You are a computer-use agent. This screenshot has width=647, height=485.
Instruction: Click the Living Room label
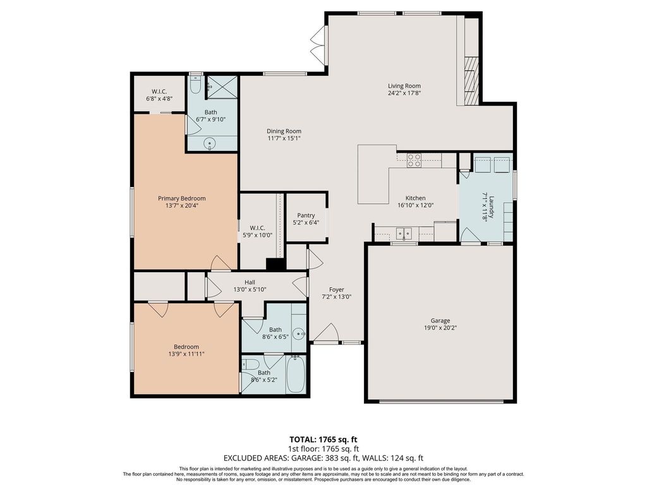pyautogui.click(x=404, y=86)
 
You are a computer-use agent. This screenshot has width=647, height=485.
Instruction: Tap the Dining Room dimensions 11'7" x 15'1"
pyautogui.click(x=284, y=138)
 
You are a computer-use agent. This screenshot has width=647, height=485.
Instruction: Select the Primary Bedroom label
pyautogui.click(x=181, y=198)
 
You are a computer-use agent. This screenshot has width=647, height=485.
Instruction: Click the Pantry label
pyautogui.click(x=306, y=215)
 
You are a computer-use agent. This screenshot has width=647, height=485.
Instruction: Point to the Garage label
pyautogui.click(x=440, y=320)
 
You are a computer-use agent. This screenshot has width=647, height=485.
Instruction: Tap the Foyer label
pyautogui.click(x=336, y=289)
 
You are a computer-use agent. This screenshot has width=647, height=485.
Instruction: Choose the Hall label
pyautogui.click(x=250, y=282)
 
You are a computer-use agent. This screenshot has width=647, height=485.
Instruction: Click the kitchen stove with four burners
pyautogui.click(x=414, y=160)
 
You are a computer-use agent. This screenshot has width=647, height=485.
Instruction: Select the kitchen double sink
pyautogui.click(x=404, y=234)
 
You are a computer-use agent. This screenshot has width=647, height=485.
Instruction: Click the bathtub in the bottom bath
pyautogui.click(x=296, y=374)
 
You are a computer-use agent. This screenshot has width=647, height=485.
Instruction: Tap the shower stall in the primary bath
pyautogui.click(x=222, y=87)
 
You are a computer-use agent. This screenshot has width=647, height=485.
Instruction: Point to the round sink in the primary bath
pyautogui.click(x=210, y=144)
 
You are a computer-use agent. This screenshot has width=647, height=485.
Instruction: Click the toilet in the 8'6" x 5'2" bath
pyautogui.click(x=251, y=364)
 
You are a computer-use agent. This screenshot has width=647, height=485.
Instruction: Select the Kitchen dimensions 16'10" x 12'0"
pyautogui.click(x=416, y=205)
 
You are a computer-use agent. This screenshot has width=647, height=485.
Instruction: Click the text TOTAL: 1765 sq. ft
pyautogui.click(x=323, y=440)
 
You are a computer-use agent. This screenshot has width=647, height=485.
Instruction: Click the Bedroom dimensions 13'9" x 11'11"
pyautogui.click(x=186, y=354)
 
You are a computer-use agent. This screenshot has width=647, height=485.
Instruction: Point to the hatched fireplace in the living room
pyautogui.click(x=471, y=80)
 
